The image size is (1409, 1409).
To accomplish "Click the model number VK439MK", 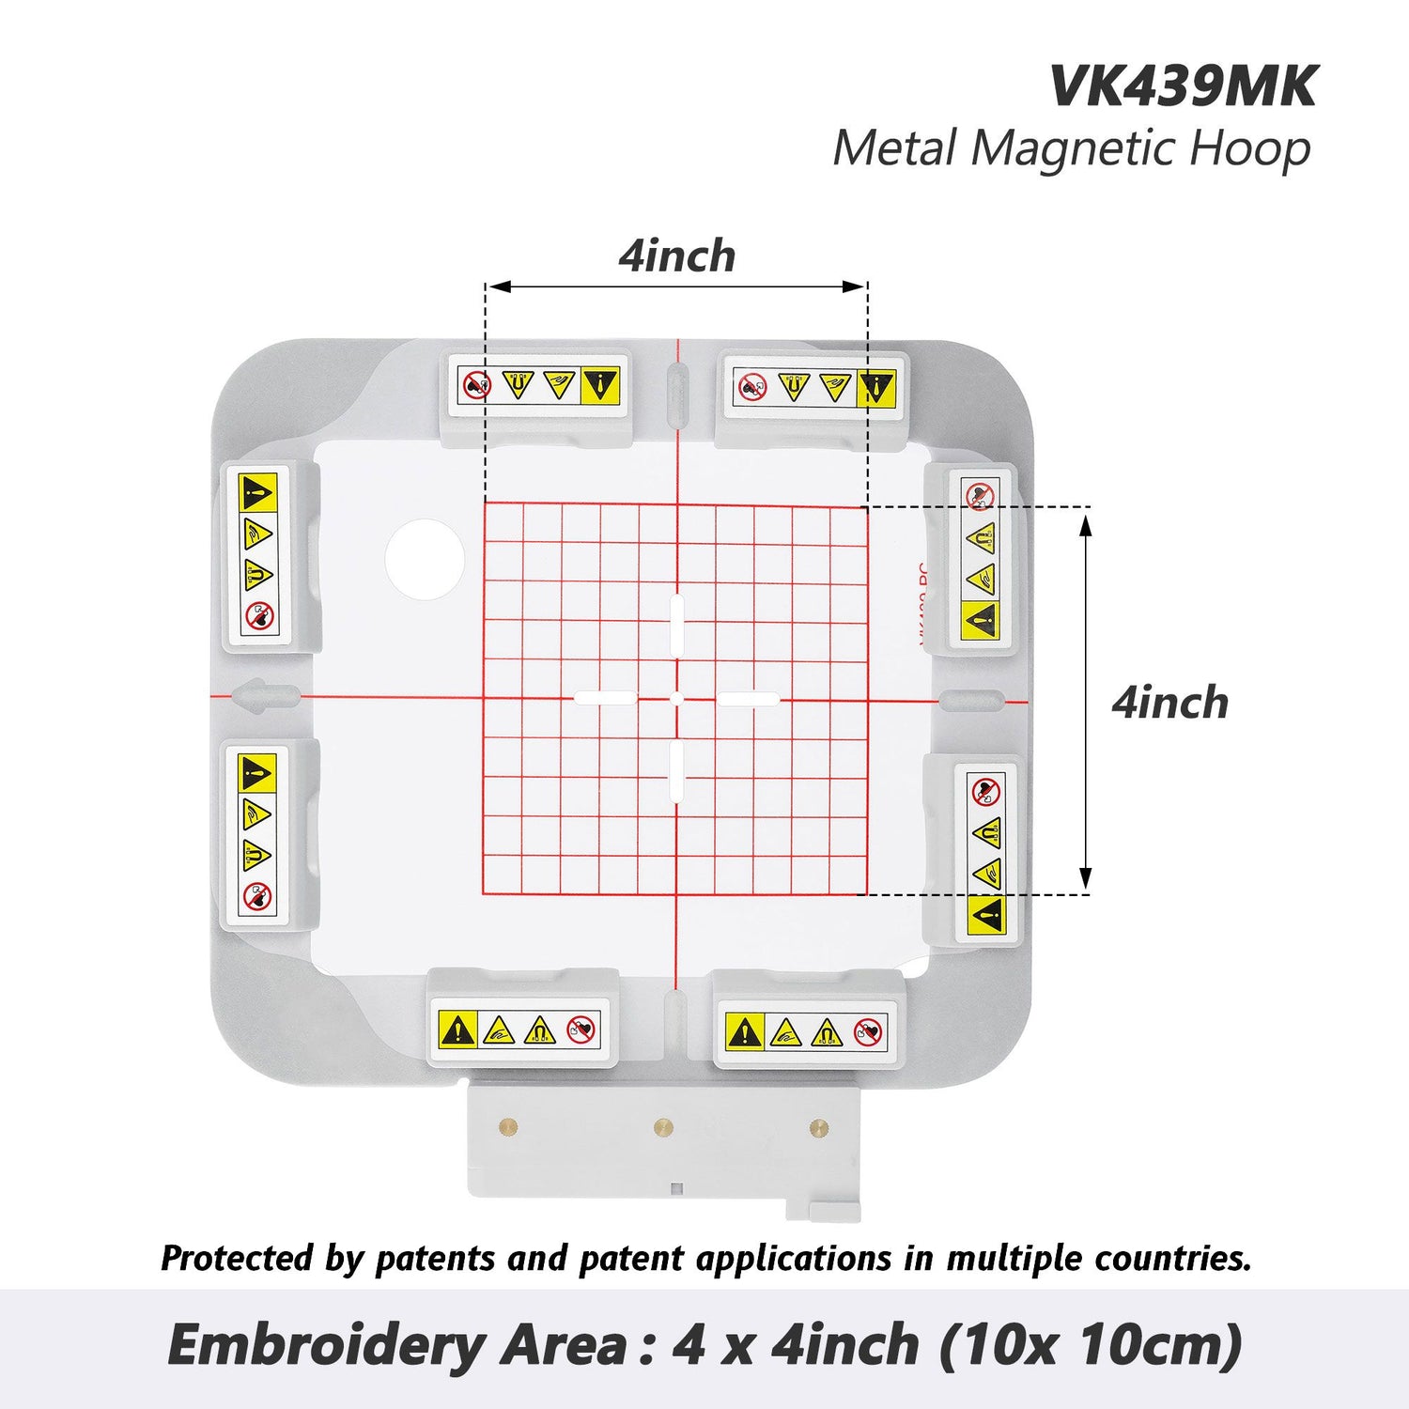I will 1182,86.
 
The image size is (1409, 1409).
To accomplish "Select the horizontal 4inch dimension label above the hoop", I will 676,256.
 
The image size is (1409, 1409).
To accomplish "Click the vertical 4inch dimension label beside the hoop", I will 1169,704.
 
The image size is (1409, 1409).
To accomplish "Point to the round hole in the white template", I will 425,560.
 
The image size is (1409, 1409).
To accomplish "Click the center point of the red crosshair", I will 676,699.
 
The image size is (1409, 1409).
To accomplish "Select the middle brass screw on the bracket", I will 663,1125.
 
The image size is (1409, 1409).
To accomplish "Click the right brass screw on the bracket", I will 818,1125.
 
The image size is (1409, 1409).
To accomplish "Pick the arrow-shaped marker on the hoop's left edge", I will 263,697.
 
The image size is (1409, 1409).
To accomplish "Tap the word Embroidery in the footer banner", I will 325,1345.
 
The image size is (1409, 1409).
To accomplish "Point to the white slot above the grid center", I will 676,622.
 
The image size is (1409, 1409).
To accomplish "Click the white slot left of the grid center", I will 605,698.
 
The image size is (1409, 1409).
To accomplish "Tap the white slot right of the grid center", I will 748,699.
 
